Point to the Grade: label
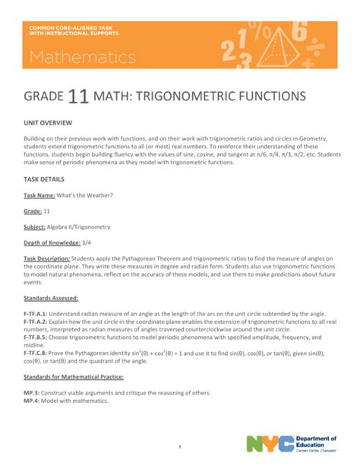point(36,211)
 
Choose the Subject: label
point(38,227)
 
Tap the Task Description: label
point(52,258)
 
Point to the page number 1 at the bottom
point(179,446)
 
